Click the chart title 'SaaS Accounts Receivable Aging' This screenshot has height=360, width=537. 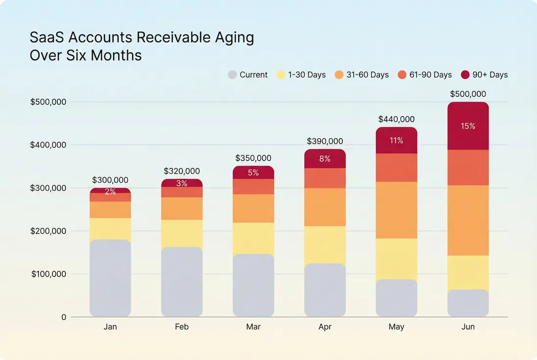click(x=142, y=38)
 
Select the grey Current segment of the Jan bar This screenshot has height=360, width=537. click(x=110, y=277)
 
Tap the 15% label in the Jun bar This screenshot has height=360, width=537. click(x=468, y=126)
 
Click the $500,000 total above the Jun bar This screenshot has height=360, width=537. click(x=468, y=94)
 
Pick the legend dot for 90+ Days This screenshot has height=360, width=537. click(x=465, y=75)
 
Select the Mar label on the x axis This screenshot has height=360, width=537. click(x=253, y=327)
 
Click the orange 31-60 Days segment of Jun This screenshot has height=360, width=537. click(x=468, y=220)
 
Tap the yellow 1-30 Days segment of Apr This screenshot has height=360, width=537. click(x=325, y=245)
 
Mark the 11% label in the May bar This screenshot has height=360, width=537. click(x=396, y=141)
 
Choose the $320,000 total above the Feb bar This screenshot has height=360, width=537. click(x=182, y=171)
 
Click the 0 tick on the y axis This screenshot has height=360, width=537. click(x=63, y=317)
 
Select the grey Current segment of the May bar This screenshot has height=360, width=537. click(x=396, y=297)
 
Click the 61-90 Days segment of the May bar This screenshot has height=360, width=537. click(x=396, y=168)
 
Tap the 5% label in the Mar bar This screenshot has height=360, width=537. click(x=253, y=172)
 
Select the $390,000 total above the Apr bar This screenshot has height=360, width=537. click(x=325, y=141)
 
